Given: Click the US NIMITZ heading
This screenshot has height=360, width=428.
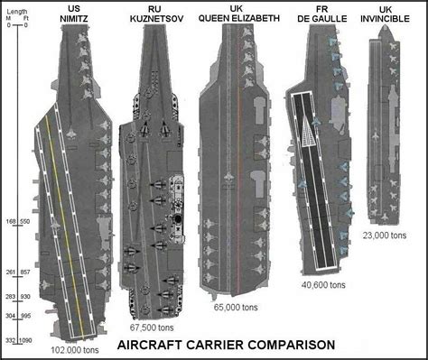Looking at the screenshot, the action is tap(74, 14).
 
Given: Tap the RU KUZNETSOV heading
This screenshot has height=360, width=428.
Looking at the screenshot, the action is tap(156, 14).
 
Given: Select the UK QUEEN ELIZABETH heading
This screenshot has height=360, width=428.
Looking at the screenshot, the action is tap(239, 14).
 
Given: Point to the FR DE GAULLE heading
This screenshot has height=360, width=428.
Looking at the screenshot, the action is tap(322, 14).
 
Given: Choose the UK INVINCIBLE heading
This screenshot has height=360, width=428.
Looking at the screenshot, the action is tap(385, 14).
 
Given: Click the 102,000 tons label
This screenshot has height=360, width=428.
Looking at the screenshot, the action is tap(75, 350).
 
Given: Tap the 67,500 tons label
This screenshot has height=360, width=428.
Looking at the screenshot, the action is tap(152, 328).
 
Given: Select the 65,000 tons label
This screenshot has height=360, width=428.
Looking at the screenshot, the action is tap(236, 308).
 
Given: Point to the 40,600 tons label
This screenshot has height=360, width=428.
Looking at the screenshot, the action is tap(323, 285).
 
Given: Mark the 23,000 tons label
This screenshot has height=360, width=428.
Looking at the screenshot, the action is tap(385, 235).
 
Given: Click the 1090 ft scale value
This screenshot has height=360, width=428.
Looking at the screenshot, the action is tap(25, 341).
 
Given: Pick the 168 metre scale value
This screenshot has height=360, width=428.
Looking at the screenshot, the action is tap(11, 222).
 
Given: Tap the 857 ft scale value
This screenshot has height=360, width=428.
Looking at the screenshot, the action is tap(25, 272).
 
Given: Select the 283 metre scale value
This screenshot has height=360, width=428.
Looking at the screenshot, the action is tap(11, 297).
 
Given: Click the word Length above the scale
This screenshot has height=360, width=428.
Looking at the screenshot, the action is tap(17, 12).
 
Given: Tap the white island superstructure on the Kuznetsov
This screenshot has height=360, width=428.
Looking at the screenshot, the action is tap(177, 208).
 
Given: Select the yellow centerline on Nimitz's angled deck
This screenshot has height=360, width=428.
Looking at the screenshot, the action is tap(64, 226).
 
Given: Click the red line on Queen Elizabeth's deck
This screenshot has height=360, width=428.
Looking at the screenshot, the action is tap(239, 189).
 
